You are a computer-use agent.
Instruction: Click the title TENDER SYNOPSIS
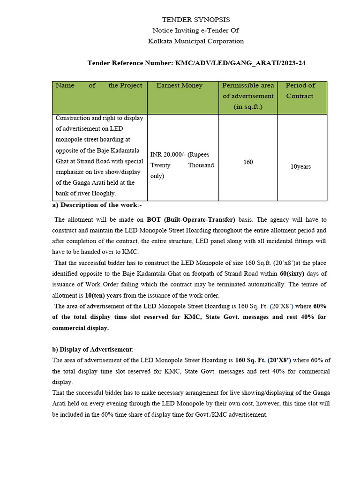click(x=196, y=20)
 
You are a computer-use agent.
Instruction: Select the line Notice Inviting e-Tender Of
click(x=196, y=30)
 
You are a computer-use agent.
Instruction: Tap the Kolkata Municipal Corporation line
click(x=196, y=41)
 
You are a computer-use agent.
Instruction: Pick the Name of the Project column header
click(x=99, y=86)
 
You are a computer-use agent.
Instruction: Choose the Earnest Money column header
click(x=180, y=86)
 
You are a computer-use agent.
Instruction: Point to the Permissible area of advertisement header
click(x=248, y=96)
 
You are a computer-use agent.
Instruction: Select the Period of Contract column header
click(x=300, y=90)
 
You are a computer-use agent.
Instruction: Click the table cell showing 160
click(x=248, y=162)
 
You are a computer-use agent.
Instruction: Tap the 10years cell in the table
click(x=300, y=166)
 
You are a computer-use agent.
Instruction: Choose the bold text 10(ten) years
click(x=104, y=295)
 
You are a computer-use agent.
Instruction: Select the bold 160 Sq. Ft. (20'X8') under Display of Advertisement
click(x=263, y=360)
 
